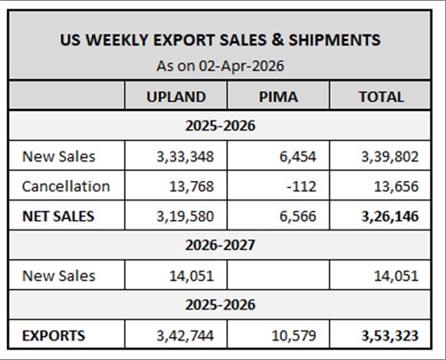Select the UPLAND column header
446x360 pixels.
coord(176,97)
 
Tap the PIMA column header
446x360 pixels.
coord(278,97)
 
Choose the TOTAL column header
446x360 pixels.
coord(380,97)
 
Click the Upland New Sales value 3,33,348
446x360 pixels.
coord(184,156)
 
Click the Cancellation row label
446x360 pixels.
coord(67,186)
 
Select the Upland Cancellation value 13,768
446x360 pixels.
coord(190,186)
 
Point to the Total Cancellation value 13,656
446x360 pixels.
coord(394,186)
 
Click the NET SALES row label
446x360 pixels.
coord(59,215)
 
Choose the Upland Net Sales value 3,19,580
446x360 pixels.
coord(184,215)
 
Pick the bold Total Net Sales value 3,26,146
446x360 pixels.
coord(388,215)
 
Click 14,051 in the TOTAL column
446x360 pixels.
coord(394,275)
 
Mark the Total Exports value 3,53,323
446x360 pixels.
coord(388,335)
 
